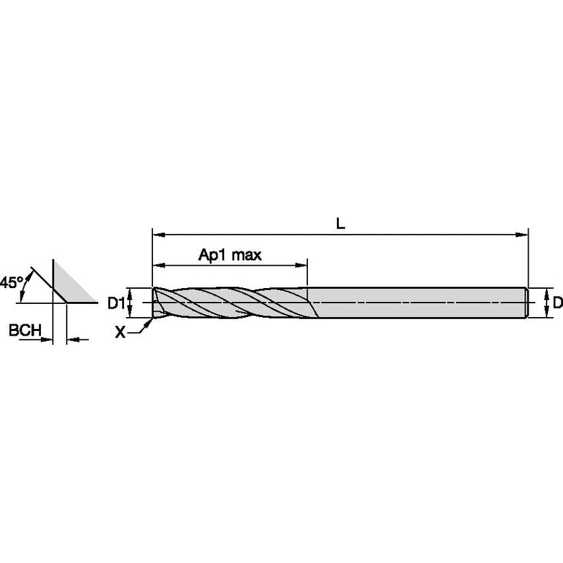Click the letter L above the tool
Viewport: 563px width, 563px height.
coord(340,223)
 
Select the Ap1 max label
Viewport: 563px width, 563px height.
coord(230,255)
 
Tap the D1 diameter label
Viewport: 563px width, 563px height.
coord(116,303)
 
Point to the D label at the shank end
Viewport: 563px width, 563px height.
coord(557,303)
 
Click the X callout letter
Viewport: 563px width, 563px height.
coord(120,333)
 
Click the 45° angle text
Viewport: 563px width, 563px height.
coord(11,282)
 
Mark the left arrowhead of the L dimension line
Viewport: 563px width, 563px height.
coord(157,233)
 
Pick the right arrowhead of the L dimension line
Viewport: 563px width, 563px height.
coord(525,233)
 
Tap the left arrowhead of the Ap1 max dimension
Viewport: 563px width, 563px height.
coord(157,266)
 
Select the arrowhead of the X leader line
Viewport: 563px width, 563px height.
coord(151,321)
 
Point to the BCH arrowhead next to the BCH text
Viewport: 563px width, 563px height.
coord(48,340)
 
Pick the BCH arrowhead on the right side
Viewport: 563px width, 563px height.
coord(71,340)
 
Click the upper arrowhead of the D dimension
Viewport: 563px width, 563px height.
coord(547,292)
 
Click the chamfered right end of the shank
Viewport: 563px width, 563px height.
coord(527,303)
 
